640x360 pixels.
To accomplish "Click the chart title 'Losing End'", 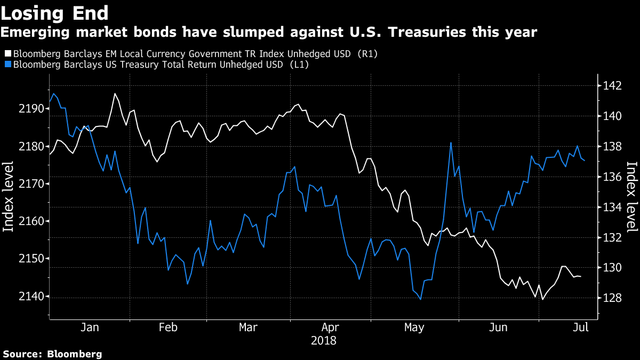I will coord(55,12).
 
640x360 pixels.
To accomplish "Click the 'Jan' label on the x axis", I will coord(90,327).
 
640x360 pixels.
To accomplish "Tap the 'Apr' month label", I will coord(331,327).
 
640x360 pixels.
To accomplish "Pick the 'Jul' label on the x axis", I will coord(580,327).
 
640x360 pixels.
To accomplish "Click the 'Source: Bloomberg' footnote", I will coord(52,354).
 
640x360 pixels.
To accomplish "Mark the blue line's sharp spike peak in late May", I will coord(451,142).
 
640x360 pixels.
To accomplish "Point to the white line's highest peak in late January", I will coord(115,93).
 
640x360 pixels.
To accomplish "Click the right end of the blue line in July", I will coord(585,160).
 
